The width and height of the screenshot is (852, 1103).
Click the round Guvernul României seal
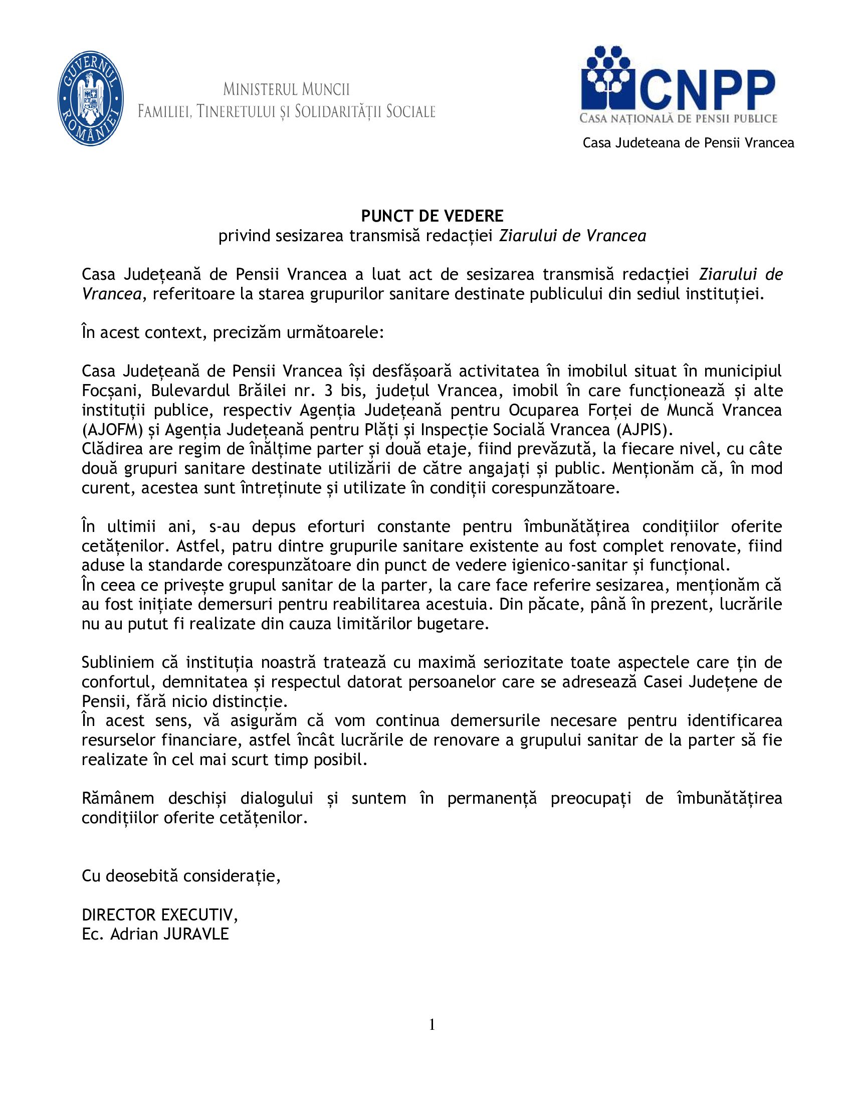[x=91, y=99]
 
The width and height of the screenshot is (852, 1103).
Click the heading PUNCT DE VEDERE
[x=432, y=216]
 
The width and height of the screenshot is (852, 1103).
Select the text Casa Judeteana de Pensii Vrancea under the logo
[x=689, y=143]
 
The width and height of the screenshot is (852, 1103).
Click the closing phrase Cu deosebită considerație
[x=181, y=875]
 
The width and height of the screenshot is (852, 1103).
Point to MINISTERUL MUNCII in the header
[x=286, y=90]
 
